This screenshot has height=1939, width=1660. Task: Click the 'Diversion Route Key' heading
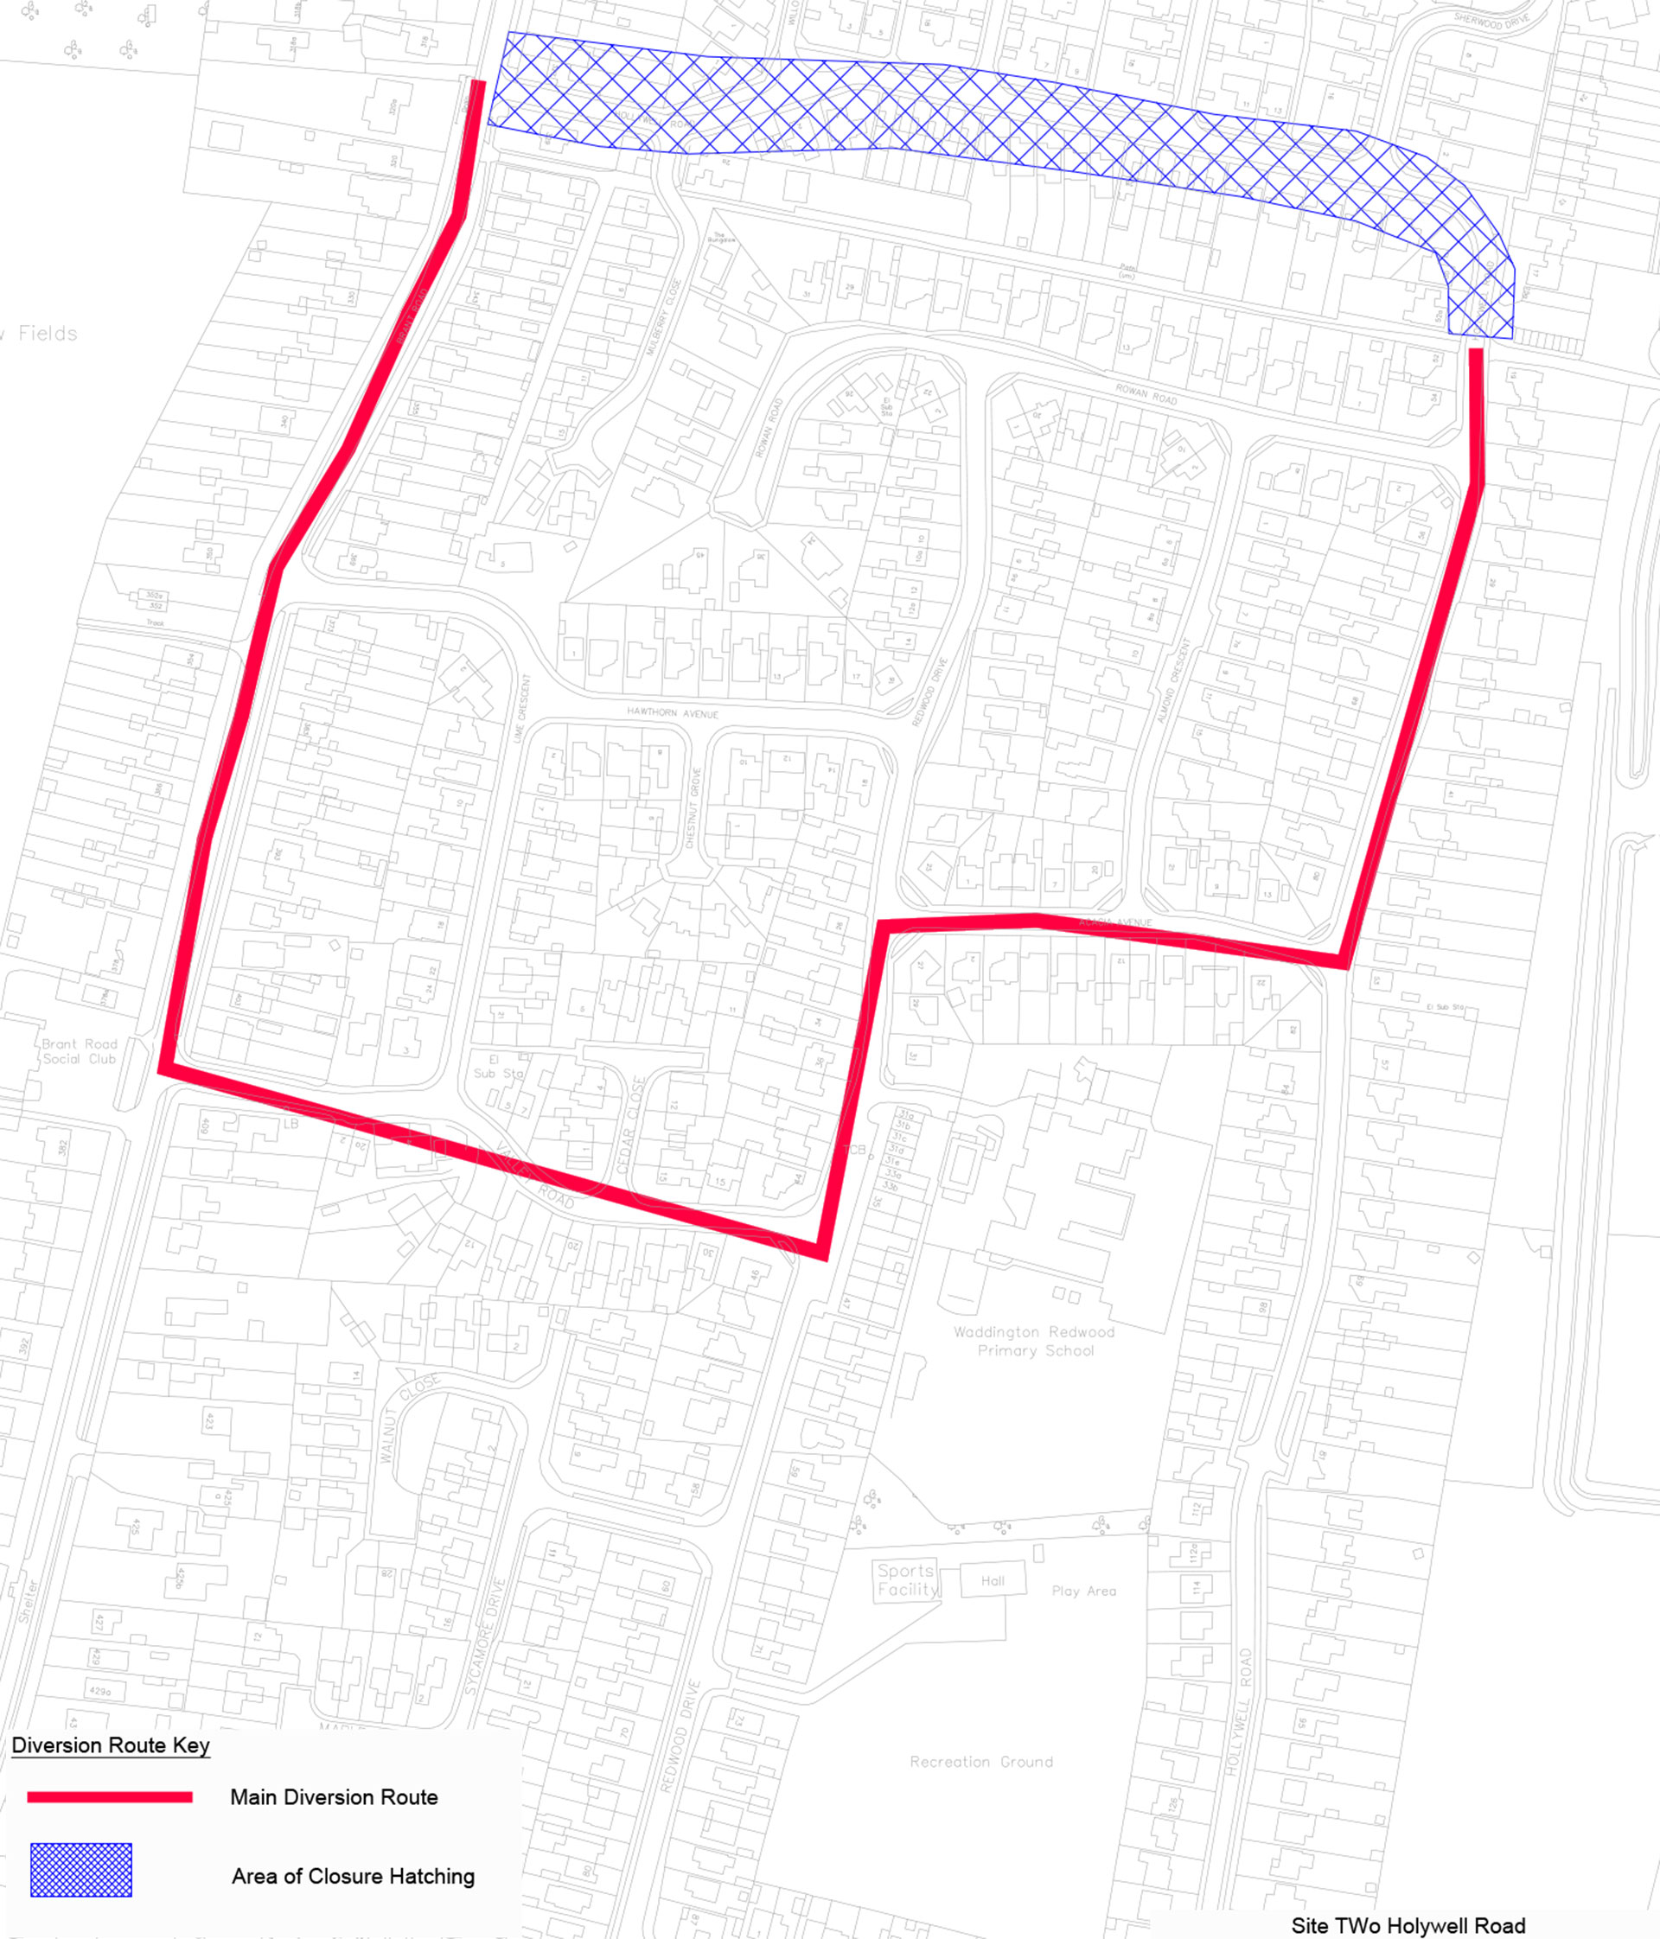point(111,1745)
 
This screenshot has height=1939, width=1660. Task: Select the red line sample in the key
point(110,1796)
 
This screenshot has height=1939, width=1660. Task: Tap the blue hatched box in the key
point(81,1870)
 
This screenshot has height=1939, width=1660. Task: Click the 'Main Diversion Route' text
point(334,1796)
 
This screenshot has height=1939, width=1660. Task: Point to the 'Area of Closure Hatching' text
point(353,1876)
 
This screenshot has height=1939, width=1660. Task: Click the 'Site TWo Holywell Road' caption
point(1408,1926)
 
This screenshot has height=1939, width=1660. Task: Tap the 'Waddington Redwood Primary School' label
point(1035,1341)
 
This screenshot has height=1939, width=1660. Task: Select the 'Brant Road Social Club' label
point(80,1051)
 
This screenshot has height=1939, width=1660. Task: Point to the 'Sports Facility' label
point(906,1579)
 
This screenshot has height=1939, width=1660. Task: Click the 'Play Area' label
point(1083,1591)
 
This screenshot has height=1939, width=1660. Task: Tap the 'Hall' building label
point(993,1581)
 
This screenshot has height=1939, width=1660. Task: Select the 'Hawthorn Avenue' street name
point(673,713)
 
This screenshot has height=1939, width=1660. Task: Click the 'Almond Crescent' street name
point(1175,681)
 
